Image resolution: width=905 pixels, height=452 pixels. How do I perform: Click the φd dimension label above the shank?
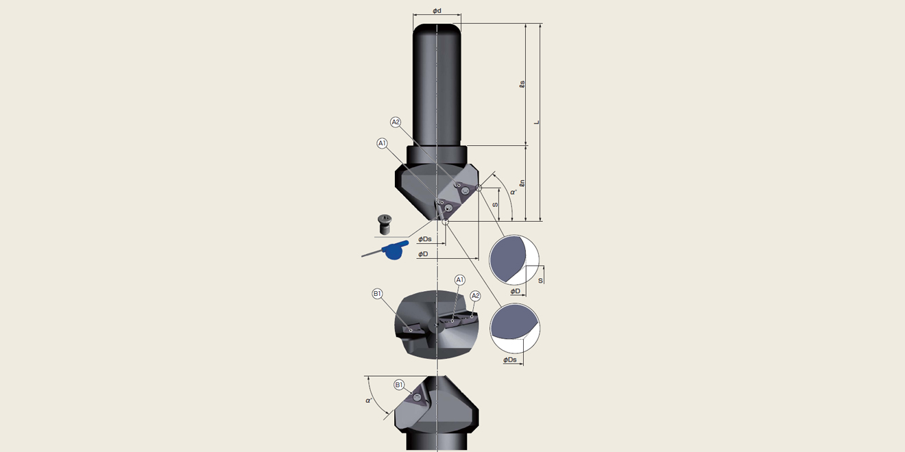437,10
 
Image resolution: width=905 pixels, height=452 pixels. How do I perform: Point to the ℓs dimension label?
522,84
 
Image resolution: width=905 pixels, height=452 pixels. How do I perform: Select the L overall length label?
537,123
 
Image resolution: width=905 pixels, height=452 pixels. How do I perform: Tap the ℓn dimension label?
522,184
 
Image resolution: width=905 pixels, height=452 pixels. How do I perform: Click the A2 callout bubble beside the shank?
395,122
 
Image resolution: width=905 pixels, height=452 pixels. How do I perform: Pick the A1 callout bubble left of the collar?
382,143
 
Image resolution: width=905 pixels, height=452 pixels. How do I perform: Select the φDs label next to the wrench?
424,239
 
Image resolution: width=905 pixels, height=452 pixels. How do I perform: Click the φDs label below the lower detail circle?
510,360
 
